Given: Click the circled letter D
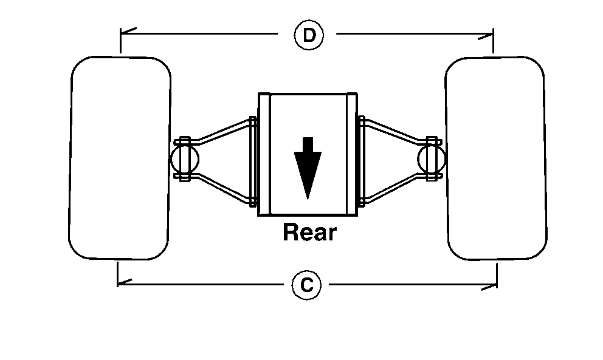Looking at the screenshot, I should (309, 35).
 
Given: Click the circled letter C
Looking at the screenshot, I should (307, 285).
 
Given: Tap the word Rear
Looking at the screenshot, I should (309, 232).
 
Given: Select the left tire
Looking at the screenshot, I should (120, 158).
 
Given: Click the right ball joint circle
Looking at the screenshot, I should (432, 159).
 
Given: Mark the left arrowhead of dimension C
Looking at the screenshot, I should (122, 282).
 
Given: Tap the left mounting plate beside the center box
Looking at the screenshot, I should (253, 161).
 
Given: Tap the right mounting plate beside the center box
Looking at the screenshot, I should (362, 161).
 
